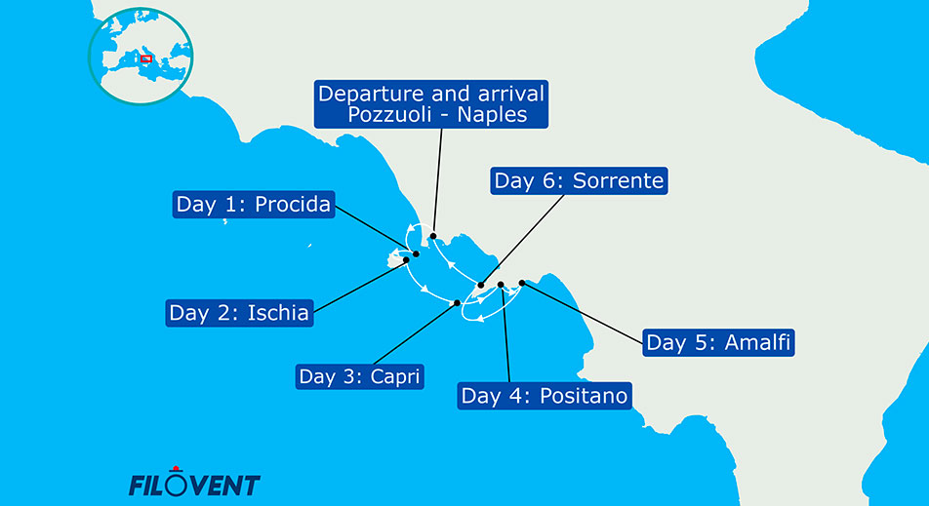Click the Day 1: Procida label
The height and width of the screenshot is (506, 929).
254,205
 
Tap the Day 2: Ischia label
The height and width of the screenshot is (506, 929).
239,313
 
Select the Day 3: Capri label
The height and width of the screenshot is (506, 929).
360,376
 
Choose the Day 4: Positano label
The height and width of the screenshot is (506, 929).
545,396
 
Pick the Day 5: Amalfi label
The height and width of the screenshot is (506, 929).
717,342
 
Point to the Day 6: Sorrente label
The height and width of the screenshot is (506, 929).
579,180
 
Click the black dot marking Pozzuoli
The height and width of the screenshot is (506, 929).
432,236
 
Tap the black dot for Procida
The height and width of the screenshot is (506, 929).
417,254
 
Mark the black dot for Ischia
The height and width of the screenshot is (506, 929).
406,260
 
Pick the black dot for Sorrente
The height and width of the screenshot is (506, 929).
481,286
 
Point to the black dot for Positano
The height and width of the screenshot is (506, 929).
501,285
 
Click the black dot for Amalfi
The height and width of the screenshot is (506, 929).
521,283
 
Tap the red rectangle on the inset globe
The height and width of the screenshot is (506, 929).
146,58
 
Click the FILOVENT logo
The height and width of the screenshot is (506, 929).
194,484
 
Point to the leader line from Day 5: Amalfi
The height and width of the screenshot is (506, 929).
586,313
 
